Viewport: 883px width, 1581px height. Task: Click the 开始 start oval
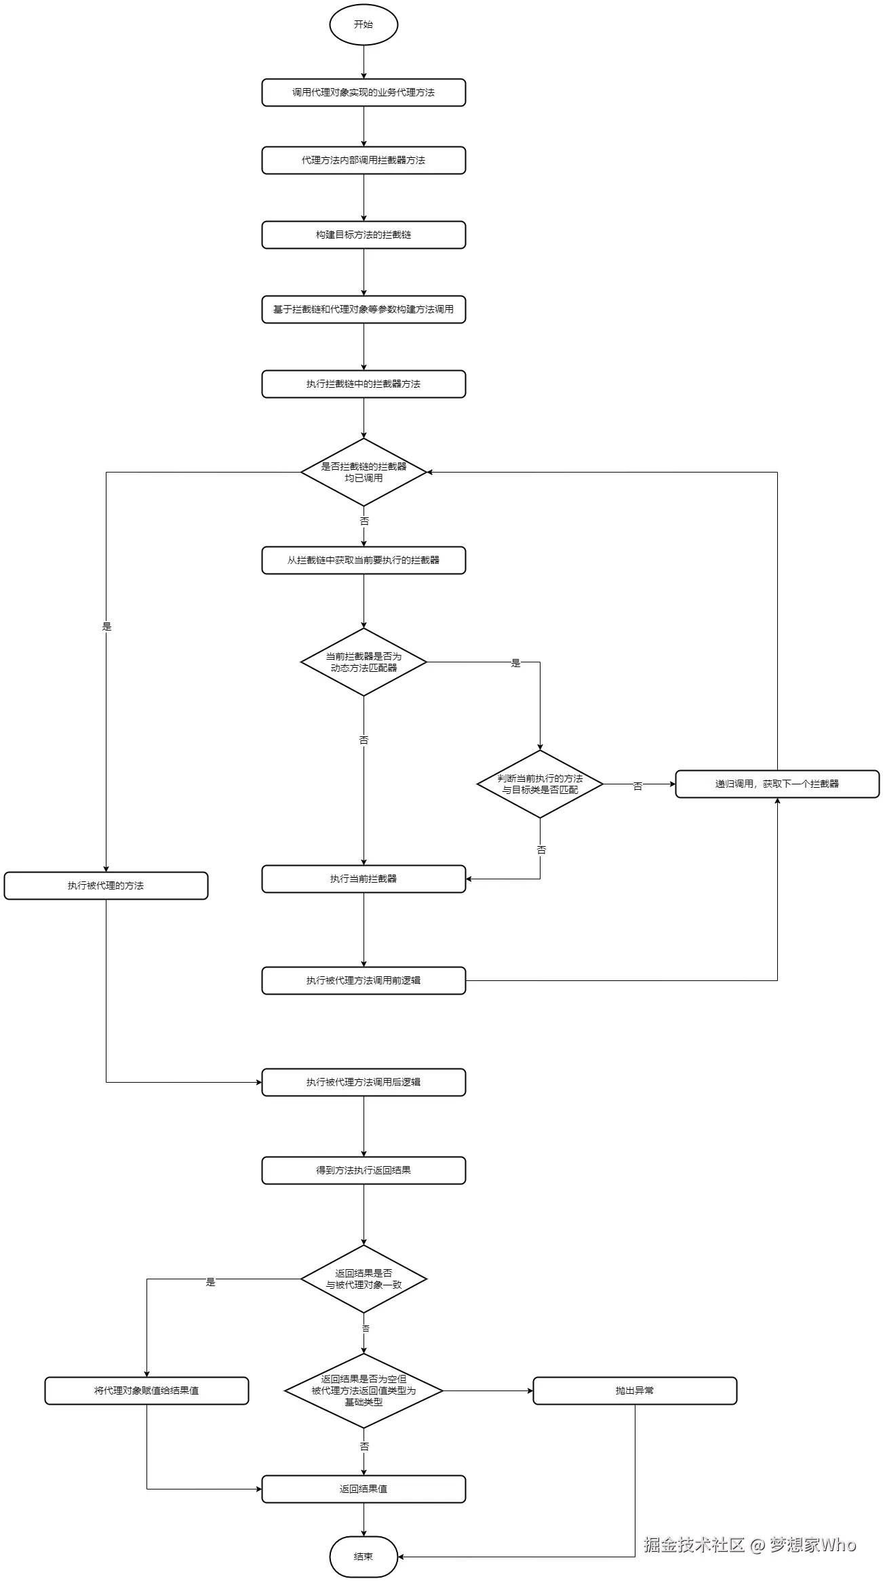[364, 24]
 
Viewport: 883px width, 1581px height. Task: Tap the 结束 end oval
[364, 1557]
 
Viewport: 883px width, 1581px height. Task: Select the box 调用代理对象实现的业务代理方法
[364, 92]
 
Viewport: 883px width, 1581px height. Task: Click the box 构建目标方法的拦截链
[364, 235]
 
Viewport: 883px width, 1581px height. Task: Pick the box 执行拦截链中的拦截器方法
[364, 384]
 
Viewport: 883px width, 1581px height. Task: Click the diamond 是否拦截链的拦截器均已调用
[364, 472]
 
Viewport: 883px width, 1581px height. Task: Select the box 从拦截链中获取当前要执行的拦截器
[364, 560]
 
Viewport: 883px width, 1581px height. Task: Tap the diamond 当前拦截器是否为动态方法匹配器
[364, 662]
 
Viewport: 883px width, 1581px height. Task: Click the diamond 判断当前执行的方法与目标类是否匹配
[540, 784]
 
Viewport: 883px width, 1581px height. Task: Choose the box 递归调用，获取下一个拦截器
[777, 784]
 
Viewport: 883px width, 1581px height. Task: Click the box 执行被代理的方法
[106, 885]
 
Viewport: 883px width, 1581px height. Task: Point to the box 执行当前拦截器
[364, 879]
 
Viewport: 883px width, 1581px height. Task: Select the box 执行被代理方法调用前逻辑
[364, 980]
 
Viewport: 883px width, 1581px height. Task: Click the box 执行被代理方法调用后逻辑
[364, 1082]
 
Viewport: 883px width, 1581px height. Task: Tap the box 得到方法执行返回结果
[364, 1170]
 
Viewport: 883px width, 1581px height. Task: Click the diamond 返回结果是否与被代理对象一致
[364, 1279]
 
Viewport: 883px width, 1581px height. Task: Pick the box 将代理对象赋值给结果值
[146, 1390]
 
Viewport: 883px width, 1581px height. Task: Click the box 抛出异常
[635, 1390]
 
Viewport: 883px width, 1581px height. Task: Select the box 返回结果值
[364, 1489]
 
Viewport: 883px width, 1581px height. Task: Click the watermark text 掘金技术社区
[693, 1544]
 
